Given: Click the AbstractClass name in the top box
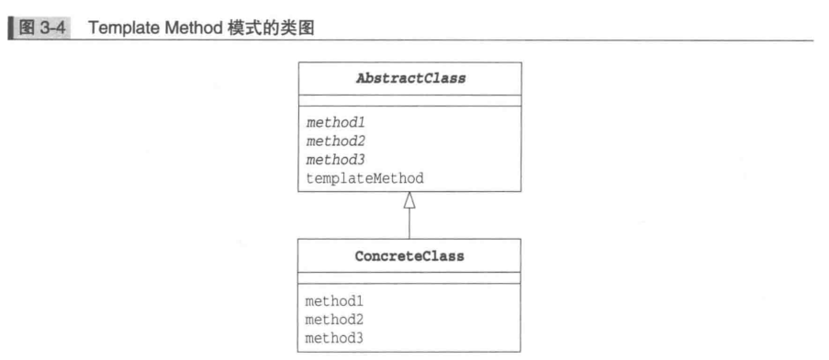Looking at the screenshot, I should pyautogui.click(x=410, y=78).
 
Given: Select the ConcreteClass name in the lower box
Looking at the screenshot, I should pyautogui.click(x=409, y=256).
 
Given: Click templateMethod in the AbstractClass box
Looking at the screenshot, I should pyautogui.click(x=364, y=178).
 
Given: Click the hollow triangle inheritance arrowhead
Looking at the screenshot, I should pyautogui.click(x=409, y=201).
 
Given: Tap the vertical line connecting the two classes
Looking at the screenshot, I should pyautogui.click(x=409, y=225).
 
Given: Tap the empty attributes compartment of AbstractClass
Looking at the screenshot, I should pyautogui.click(x=409, y=101).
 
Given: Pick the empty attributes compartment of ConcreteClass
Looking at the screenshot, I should pyautogui.click(x=409, y=278).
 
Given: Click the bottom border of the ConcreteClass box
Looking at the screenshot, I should pyautogui.click(x=409, y=351).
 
